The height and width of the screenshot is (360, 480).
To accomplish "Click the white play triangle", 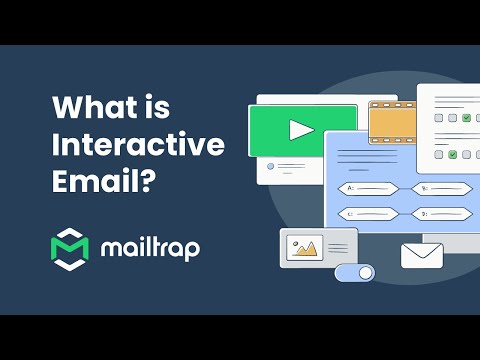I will (301, 129).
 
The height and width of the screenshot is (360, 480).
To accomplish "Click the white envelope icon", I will (422, 255).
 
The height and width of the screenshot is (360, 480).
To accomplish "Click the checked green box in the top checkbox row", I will (467, 117).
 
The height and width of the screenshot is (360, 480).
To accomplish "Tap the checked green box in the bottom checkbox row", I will (453, 154).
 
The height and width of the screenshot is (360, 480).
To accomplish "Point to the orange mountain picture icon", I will (303, 245).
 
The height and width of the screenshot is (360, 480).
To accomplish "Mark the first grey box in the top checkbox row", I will (439, 117).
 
